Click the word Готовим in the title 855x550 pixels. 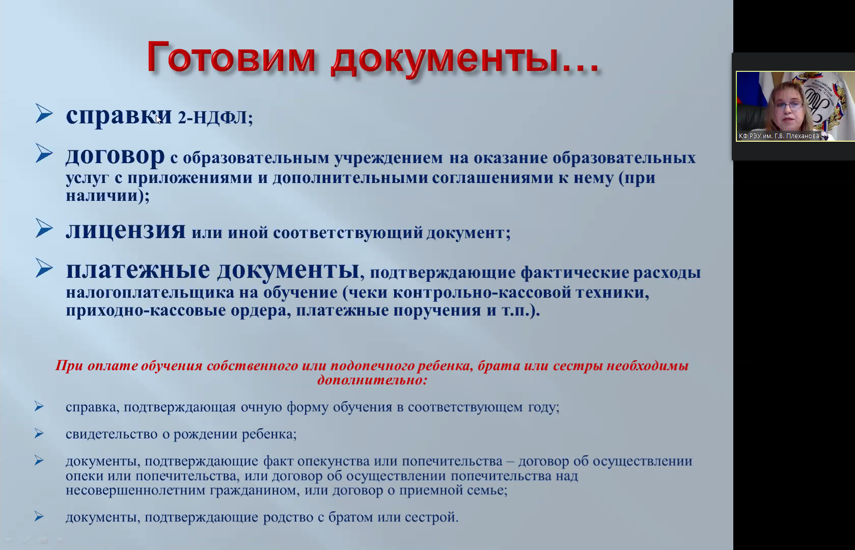click(231, 57)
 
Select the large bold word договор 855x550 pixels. click(115, 156)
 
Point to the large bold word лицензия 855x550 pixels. click(126, 231)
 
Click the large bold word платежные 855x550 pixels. click(138, 270)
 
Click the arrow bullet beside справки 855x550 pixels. click(44, 114)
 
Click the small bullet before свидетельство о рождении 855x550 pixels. click(39, 433)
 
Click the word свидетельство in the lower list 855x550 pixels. click(117, 434)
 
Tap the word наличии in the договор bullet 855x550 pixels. click(102, 196)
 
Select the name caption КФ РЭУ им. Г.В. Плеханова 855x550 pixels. click(779, 136)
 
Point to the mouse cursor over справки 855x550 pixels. click(159, 120)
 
